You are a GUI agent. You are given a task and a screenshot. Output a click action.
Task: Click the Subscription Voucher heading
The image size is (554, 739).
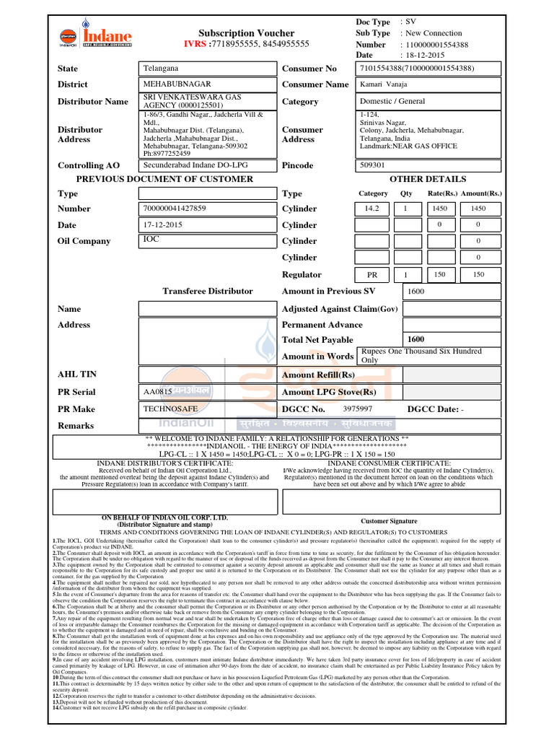coord(246,33)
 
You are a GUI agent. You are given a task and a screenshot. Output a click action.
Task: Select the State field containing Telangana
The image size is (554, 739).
coord(208,69)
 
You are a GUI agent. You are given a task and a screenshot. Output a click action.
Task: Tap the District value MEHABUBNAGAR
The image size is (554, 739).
coord(208,84)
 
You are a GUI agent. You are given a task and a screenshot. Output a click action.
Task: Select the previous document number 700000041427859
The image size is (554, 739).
coord(208,209)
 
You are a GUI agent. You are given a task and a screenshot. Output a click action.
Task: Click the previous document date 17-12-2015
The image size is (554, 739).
coord(208,225)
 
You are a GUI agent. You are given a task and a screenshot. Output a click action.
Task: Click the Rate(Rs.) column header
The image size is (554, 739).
coord(441,193)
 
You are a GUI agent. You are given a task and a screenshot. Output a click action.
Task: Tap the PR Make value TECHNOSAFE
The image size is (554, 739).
coord(208,408)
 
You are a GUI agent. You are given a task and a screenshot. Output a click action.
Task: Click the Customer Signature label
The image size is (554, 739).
coord(389,520)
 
